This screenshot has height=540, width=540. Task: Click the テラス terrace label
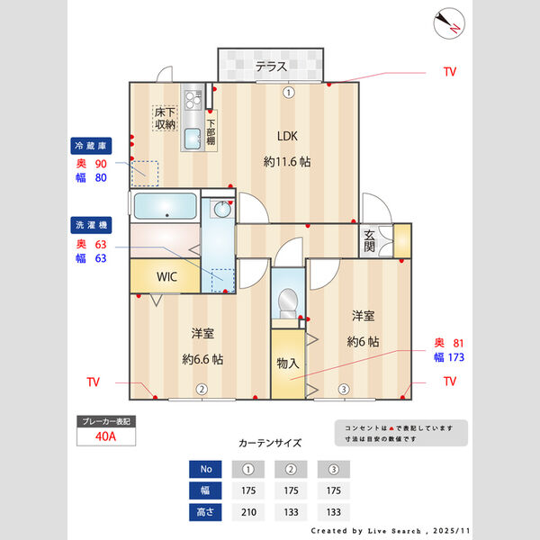point(270,66)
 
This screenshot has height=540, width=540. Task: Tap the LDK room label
point(287,137)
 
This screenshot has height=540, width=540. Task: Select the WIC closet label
point(168,277)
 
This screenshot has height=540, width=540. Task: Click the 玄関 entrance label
point(370,241)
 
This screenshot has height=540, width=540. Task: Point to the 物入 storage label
point(287,364)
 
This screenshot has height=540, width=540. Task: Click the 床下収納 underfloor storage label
point(165,118)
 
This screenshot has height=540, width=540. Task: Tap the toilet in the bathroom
point(288,303)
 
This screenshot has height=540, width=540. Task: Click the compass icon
point(448,23)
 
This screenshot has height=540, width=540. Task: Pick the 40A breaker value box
point(106,438)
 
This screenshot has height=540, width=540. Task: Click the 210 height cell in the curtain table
point(247,513)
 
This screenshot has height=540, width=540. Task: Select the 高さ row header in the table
point(205,513)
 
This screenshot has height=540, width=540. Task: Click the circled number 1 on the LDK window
point(288,92)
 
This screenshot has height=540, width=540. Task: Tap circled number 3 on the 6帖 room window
point(343,390)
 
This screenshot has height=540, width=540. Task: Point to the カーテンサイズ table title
point(270,443)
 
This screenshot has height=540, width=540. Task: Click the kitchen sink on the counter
point(192,139)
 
